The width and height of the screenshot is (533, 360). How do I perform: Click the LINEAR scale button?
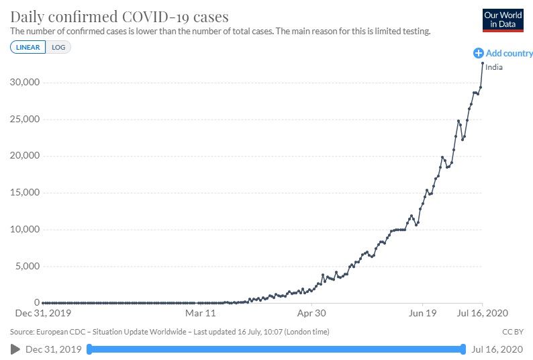[28, 47]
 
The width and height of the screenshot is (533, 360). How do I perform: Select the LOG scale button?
[58, 47]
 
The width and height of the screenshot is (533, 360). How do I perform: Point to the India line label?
[493, 67]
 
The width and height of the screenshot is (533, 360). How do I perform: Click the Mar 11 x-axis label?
[201, 313]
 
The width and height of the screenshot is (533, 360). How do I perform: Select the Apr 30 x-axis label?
[311, 313]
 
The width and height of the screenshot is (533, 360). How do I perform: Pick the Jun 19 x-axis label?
[422, 313]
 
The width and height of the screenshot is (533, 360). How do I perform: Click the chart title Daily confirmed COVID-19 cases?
[119, 16]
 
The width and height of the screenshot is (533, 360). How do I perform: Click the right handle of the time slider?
[463, 349]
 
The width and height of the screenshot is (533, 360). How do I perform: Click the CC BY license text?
[512, 332]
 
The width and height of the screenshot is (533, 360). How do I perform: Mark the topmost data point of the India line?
[482, 63]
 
